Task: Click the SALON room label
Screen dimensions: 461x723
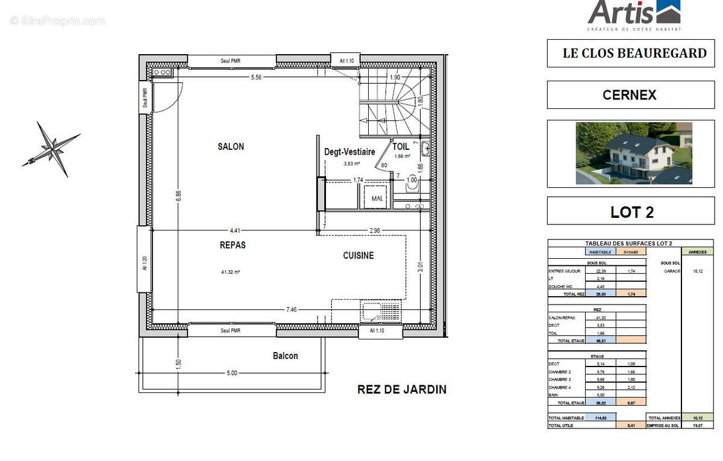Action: point(231,146)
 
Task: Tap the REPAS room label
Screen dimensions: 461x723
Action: point(233,246)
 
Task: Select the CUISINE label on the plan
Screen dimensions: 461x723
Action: point(358,256)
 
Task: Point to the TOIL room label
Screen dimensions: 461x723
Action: point(401,146)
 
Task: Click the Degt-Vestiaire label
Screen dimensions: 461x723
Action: point(349,152)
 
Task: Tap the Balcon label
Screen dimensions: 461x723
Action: point(285,356)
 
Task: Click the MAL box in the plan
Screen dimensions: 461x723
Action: point(377,198)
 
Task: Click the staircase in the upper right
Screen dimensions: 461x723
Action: point(395,102)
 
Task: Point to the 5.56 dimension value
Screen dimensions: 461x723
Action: point(257,78)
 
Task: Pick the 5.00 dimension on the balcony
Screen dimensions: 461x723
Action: point(232,373)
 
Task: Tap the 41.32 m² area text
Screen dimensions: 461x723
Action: point(231,273)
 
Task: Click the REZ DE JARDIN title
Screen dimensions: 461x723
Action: point(402,389)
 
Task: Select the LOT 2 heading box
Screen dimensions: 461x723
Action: point(631,212)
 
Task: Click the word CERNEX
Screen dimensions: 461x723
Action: point(629,95)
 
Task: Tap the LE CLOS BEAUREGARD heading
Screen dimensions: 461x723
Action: point(634,53)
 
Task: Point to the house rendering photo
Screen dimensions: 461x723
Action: point(634,153)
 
